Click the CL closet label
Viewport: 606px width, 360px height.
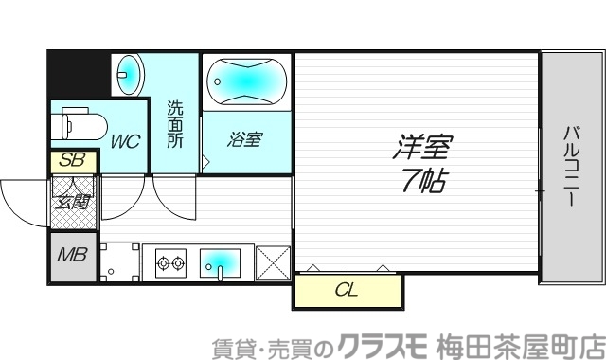point(347,291)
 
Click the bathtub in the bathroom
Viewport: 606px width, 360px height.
point(245,81)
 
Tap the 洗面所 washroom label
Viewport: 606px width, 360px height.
point(175,123)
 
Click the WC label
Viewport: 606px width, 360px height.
point(125,142)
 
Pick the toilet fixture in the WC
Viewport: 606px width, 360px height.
point(81,123)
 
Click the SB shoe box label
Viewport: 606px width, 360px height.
point(72,162)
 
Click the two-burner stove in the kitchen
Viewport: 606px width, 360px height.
point(170,262)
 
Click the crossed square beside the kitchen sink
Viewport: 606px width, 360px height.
point(273,262)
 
